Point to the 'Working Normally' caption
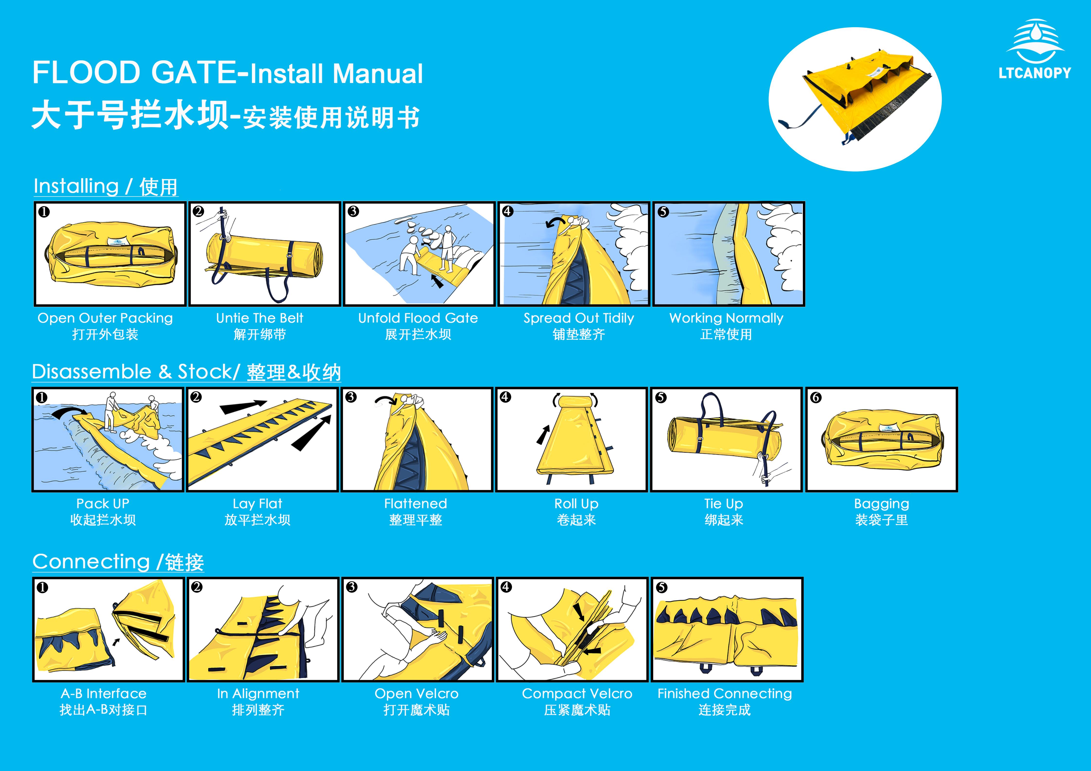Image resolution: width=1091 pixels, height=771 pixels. click(726, 318)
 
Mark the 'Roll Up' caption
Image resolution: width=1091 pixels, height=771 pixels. click(576, 504)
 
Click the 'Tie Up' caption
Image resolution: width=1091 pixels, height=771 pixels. click(724, 504)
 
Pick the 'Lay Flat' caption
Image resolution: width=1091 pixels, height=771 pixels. click(258, 504)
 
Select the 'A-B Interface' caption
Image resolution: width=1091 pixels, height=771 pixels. click(104, 694)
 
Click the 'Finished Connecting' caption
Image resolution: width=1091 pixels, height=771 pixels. click(725, 694)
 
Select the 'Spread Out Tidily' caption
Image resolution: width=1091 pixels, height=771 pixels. click(579, 318)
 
